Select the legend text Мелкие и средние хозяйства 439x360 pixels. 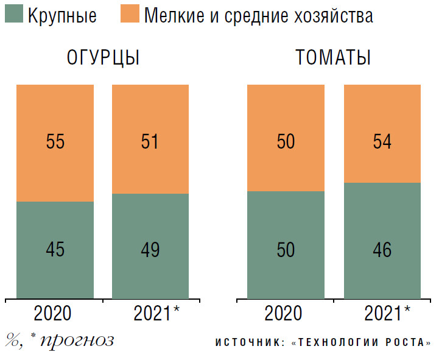coord(258,16)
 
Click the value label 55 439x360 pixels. coord(55,142)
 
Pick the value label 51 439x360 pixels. coord(150,142)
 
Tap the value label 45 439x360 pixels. coord(55,250)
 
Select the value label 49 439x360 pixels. coord(150,250)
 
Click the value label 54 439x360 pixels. coord(382,142)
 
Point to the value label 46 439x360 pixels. coord(382,250)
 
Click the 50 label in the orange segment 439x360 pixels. coord(285,142)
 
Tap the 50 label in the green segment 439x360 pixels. coord(285,250)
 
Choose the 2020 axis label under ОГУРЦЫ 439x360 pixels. coord(53,313)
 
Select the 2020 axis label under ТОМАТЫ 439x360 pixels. coord(284,313)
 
